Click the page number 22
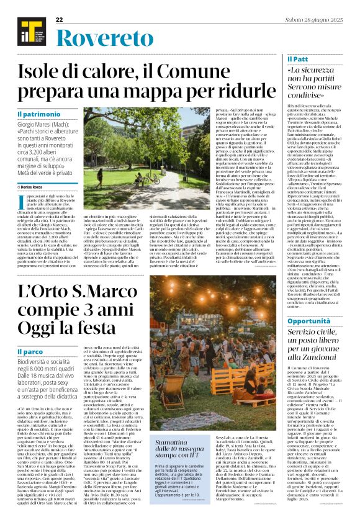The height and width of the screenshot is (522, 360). (60, 20)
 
